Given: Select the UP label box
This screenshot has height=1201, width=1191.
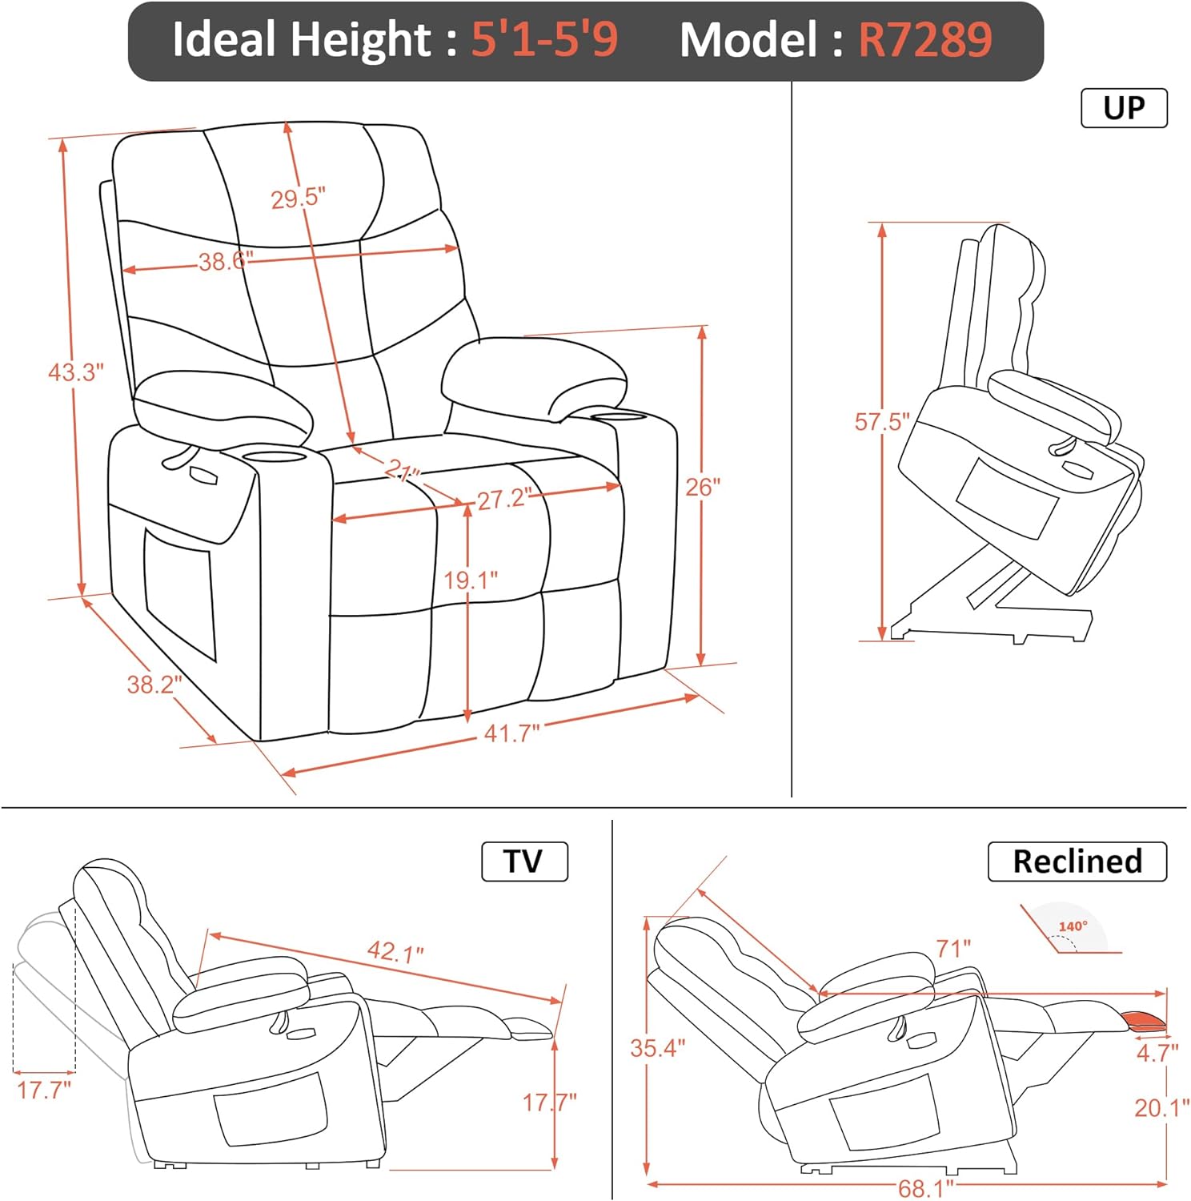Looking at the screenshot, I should [x=1124, y=108].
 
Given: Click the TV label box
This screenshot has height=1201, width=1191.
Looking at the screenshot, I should [x=524, y=862].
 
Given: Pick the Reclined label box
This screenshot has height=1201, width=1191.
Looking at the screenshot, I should [x=1077, y=862].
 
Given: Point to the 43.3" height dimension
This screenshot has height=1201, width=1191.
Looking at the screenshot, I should [x=76, y=372].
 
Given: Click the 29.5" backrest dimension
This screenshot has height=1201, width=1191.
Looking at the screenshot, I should [x=298, y=198].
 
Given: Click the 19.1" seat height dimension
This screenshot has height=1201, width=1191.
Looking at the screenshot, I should [x=471, y=580].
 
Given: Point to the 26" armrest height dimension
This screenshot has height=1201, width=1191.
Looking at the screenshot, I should [x=703, y=487].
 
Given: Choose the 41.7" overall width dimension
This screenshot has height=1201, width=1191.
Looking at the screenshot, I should [x=511, y=733].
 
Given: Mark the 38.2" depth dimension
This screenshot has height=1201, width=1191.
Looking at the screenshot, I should [x=154, y=685].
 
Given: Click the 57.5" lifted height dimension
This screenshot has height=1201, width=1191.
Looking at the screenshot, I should [x=882, y=422].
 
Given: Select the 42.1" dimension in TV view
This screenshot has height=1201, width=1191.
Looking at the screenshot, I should [x=395, y=952].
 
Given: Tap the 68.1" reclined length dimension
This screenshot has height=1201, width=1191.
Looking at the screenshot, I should [x=926, y=1188].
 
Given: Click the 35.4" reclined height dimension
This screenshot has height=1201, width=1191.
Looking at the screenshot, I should [x=657, y=1048].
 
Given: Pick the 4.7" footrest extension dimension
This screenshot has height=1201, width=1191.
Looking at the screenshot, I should [x=1157, y=1053].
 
